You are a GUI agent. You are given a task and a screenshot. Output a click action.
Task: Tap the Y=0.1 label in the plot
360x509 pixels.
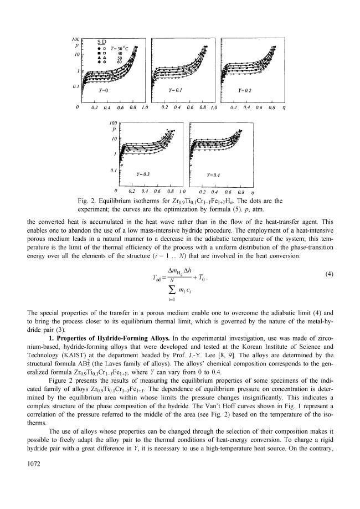pyautogui.click(x=175, y=89)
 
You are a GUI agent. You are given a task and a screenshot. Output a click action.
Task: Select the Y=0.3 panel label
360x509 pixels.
pyautogui.click(x=143, y=174)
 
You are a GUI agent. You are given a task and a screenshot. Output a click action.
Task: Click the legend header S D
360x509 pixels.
pyautogui.click(x=102, y=42)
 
